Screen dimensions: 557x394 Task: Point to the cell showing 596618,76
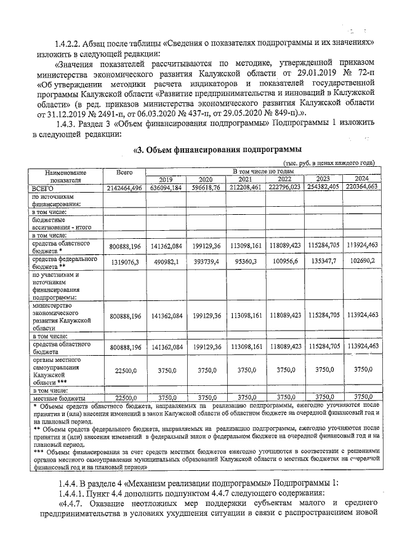coord(206,187)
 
